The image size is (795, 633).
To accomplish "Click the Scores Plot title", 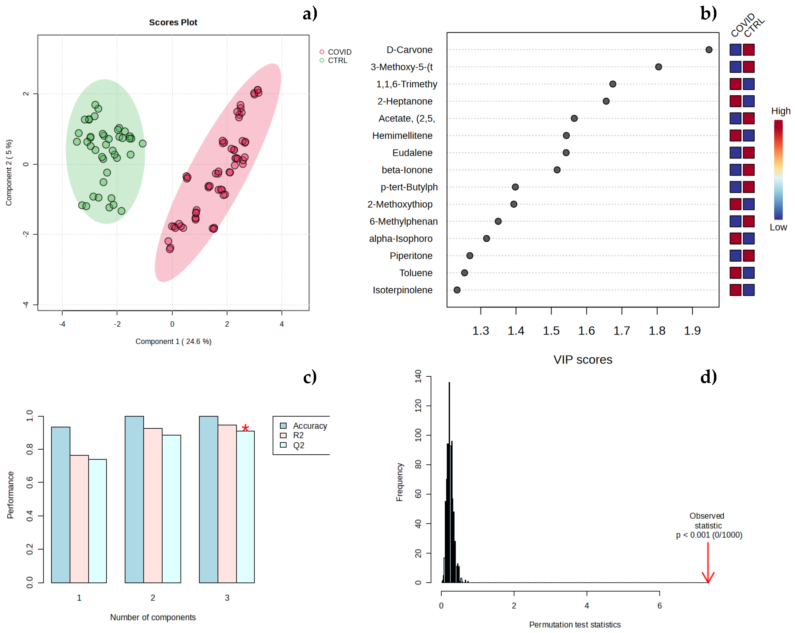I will [173, 22].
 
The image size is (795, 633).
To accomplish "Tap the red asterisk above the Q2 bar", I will [245, 428].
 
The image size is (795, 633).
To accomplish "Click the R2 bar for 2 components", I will [153, 505].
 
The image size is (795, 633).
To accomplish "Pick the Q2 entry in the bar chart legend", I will [298, 445].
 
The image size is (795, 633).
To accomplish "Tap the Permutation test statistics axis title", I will [574, 625].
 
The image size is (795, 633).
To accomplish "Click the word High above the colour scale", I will [780, 111].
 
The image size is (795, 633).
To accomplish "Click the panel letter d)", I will [708, 377].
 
